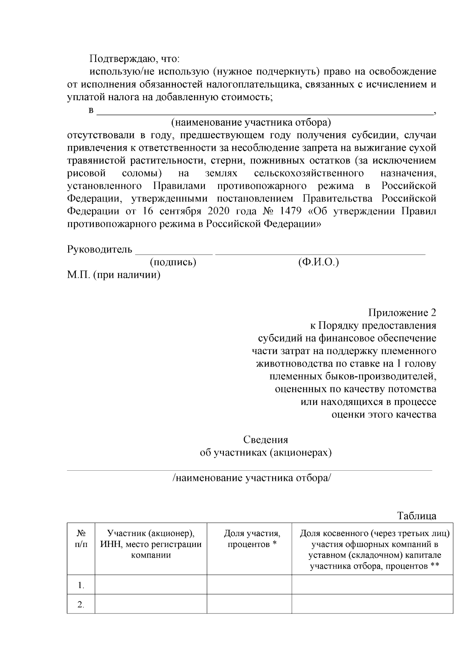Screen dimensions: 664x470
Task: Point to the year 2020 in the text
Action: coord(219,211)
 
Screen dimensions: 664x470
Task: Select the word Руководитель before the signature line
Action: coord(100,249)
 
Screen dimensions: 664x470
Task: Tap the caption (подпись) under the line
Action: coord(173,262)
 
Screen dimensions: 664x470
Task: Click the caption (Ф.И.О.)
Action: coord(318,262)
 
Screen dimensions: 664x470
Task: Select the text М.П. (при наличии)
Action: coord(114,275)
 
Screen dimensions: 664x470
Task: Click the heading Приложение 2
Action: coord(402,313)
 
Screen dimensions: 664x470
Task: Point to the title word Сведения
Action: coord(266,440)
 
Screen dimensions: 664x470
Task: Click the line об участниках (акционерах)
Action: coord(266,453)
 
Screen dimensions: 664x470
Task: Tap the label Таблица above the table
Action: coord(417,516)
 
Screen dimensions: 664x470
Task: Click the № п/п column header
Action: coord(81,539)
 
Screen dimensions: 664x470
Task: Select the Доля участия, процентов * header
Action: coord(252,539)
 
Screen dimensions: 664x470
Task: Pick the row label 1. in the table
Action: coord(81,586)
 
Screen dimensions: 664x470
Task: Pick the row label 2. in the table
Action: coord(81,605)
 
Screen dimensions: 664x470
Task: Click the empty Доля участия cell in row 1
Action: coord(249,585)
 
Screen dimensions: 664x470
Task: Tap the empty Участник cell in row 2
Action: coord(151,604)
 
